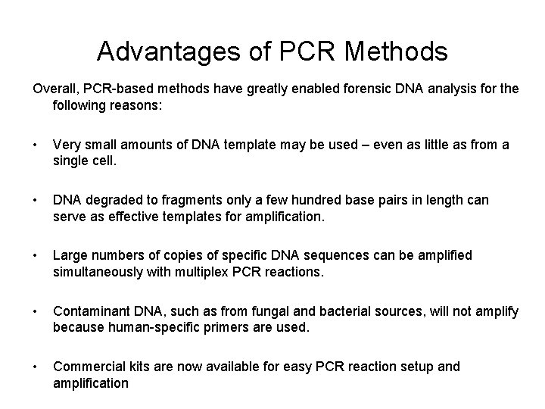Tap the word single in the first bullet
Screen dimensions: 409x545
click(x=73, y=161)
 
